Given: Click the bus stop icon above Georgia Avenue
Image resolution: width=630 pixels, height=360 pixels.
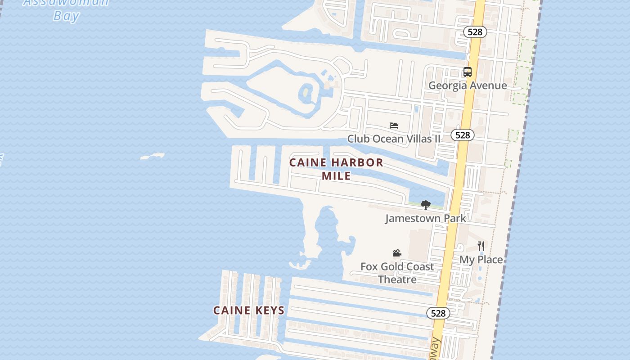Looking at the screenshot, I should point(468,72).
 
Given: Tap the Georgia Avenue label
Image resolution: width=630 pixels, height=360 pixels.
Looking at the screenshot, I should point(468,85).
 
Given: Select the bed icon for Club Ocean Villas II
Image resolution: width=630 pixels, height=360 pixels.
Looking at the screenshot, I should point(394,126).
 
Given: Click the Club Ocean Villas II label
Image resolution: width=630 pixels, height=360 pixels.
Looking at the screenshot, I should point(394,139).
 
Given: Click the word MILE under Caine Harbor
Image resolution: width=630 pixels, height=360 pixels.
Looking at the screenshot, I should point(336,176).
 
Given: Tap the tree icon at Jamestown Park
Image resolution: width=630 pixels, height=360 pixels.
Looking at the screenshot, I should point(425,205).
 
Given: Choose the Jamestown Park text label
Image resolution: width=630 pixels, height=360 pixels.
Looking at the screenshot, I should point(426,219).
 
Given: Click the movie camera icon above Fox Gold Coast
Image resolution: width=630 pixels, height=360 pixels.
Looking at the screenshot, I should point(397,253).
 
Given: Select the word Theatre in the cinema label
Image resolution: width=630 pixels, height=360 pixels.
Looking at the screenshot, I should point(397,279).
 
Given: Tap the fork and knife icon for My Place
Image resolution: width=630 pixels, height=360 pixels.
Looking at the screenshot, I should point(481,246).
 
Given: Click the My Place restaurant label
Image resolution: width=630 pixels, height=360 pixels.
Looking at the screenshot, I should point(481,260).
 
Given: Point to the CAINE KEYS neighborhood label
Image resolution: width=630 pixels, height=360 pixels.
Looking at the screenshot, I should point(249,310).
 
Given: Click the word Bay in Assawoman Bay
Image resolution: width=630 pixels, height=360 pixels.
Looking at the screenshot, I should point(66,16).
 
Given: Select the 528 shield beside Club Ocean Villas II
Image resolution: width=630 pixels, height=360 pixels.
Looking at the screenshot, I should point(462,135).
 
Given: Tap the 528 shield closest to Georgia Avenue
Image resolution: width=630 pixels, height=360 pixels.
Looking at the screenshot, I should point(475,32).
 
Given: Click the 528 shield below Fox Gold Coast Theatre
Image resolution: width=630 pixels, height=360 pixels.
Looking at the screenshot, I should point(438,313).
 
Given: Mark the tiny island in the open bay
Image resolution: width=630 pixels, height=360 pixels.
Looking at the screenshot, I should point(152,156).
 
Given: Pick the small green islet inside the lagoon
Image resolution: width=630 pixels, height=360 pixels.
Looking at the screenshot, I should point(306,93).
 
